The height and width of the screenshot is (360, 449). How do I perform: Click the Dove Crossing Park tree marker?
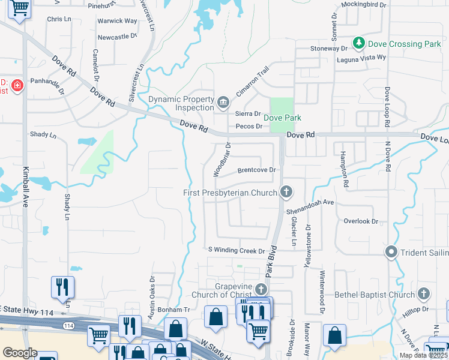pyautogui.click(x=359, y=43)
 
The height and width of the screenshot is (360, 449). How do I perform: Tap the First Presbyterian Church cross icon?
pyautogui.click(x=286, y=192)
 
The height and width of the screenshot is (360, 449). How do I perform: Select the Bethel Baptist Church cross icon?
pyautogui.click(x=424, y=294)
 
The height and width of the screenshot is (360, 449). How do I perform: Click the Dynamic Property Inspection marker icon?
pyautogui.click(x=223, y=103)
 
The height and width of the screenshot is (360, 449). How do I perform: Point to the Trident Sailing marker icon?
pyautogui.click(x=392, y=252)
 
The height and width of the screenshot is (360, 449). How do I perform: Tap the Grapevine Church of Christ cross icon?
pyautogui.click(x=260, y=289)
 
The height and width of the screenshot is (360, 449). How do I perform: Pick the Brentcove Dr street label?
pyautogui.click(x=256, y=170)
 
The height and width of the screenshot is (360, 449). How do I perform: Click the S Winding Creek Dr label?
pyautogui.click(x=236, y=250)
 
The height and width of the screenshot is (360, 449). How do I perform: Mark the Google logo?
pyautogui.click(x=20, y=353)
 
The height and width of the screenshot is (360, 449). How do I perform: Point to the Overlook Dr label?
pyautogui.click(x=361, y=221)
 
